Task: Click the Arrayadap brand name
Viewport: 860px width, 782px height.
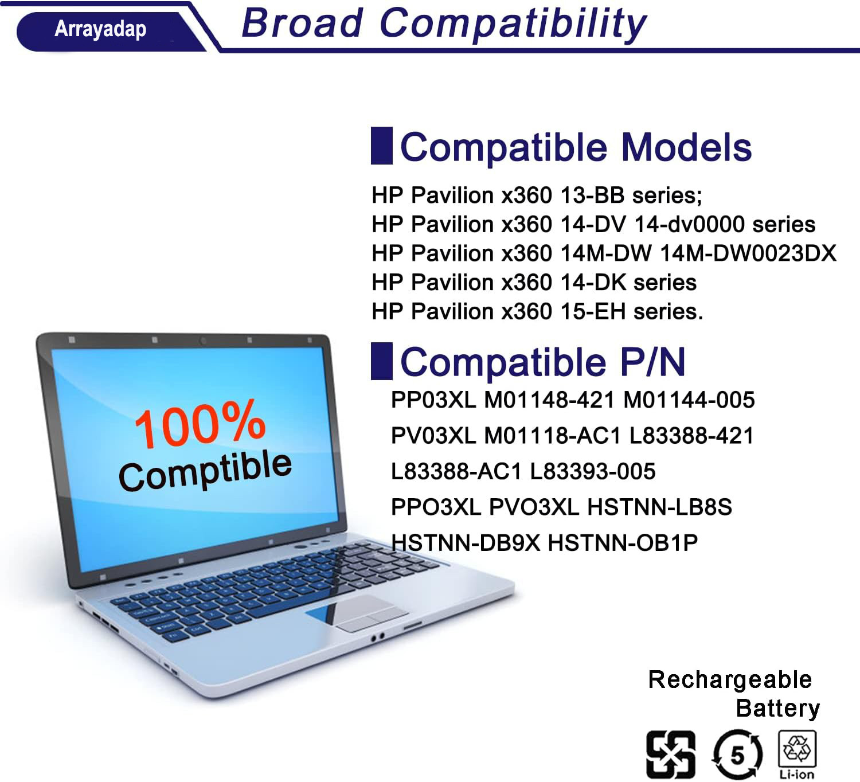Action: coord(100,30)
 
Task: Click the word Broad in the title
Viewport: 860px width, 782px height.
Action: coord(302,23)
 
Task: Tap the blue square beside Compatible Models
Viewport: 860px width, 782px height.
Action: coord(382,146)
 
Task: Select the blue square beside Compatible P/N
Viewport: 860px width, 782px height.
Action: coord(382,361)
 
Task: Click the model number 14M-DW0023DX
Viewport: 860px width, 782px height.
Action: coord(748,253)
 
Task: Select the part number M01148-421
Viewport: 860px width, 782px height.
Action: coord(550,400)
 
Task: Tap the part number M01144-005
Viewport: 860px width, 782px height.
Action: coord(689,400)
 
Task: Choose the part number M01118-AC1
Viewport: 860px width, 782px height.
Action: coord(553,436)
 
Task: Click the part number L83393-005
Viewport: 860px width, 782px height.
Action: coord(593,471)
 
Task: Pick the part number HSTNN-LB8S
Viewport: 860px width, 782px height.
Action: coord(660,507)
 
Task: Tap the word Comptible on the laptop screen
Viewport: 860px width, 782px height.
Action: coord(205,470)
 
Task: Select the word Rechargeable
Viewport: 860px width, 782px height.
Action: coord(730,679)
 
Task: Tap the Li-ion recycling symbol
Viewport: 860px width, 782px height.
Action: coord(797,754)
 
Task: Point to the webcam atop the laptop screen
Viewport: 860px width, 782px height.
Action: coord(203,341)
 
